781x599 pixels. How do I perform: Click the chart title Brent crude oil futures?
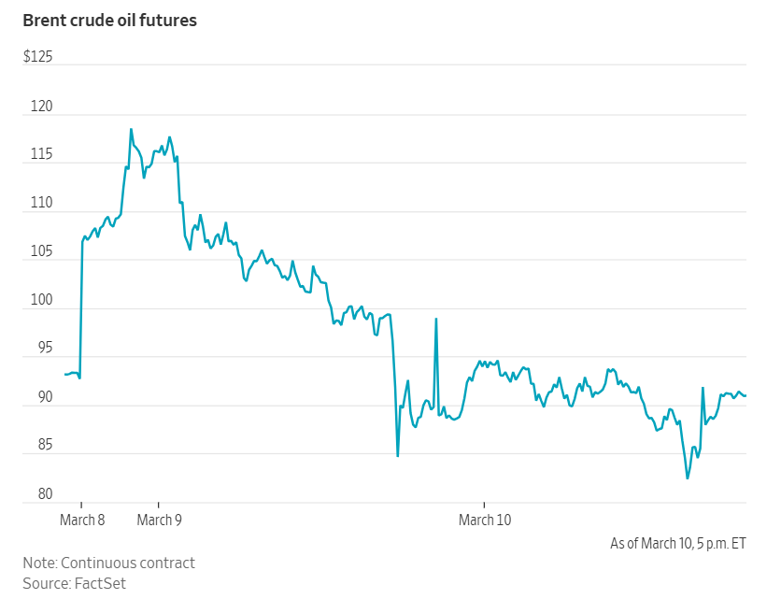pos(109,20)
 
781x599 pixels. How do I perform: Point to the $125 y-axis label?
pos(37,58)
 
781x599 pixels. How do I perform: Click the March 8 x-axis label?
pos(82,520)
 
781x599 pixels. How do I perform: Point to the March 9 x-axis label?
pos(160,520)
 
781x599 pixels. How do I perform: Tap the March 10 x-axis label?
pos(485,520)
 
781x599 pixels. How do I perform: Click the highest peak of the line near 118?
pos(131,129)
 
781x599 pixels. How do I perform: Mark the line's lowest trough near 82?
pos(688,478)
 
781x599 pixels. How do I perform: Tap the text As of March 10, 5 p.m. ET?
pos(677,543)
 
